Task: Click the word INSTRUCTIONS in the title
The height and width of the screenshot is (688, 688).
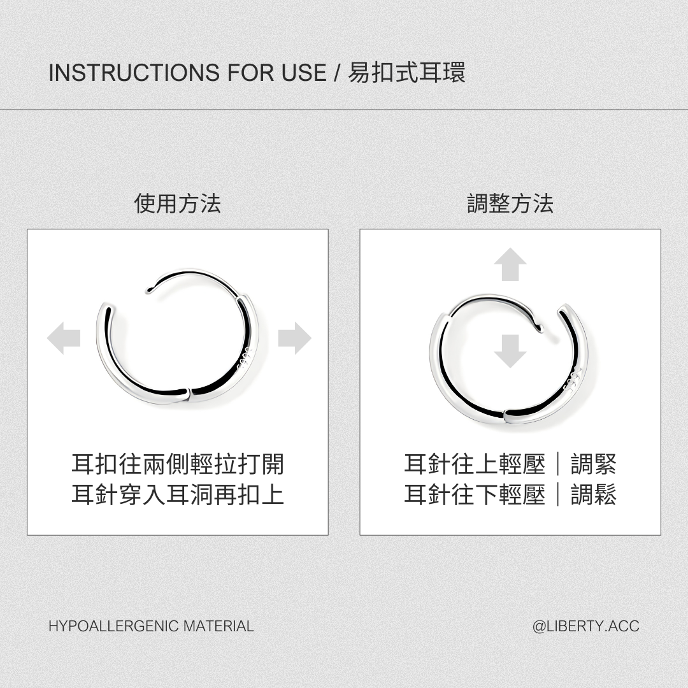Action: point(134,73)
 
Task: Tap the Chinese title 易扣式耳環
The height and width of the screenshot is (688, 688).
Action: point(406,73)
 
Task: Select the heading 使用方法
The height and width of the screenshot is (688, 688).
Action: point(177,204)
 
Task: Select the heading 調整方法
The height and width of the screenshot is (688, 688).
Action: point(510,204)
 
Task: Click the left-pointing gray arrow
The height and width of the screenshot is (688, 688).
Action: point(64,338)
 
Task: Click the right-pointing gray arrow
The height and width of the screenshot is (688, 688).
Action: point(295,338)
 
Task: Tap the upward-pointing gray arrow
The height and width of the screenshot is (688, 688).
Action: point(510,264)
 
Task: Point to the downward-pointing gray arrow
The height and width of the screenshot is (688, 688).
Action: point(510,351)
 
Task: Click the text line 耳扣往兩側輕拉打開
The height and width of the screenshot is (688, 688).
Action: point(178,464)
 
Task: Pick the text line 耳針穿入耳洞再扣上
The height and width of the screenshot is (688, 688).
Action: point(178,494)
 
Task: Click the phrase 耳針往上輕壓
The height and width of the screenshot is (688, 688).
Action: point(475,464)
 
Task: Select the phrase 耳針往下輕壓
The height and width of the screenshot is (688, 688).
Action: point(475,494)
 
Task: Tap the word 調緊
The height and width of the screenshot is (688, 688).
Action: point(594,464)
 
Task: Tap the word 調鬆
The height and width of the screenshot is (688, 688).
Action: point(594,494)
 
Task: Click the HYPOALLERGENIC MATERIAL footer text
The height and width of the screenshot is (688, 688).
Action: point(152,626)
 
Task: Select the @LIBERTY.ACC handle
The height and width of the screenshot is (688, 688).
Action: point(586,626)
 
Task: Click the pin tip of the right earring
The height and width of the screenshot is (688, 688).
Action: point(541,328)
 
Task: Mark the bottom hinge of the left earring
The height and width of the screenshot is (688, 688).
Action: point(190,394)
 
